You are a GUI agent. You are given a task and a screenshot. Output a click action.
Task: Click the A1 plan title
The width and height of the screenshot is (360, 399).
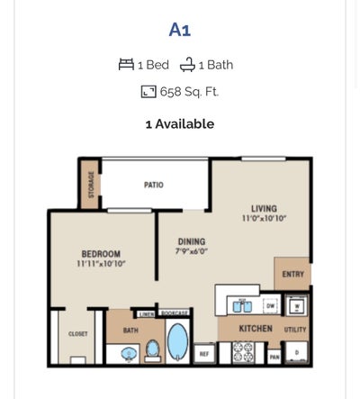click(180, 30)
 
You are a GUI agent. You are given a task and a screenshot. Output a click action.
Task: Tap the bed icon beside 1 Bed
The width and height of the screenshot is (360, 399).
click(126, 65)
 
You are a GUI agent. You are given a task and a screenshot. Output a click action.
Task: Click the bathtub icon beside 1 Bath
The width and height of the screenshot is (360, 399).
click(187, 65)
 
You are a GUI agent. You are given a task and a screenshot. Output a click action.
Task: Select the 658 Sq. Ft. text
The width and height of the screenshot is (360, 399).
click(189, 92)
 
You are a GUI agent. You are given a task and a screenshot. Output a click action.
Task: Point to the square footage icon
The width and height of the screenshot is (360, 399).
click(148, 92)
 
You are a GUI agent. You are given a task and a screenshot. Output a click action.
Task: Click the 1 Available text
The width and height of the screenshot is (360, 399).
click(180, 124)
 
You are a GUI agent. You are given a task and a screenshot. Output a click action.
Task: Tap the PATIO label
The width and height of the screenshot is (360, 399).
click(154, 186)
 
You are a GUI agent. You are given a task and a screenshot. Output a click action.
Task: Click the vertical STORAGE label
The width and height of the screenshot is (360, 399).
click(91, 184)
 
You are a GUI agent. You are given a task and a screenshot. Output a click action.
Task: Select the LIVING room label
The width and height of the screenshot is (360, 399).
click(264, 209)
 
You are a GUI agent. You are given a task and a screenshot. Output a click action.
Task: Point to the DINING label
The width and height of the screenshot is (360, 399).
click(191, 241)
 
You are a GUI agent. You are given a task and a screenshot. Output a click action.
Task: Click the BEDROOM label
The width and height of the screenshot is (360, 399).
click(101, 255)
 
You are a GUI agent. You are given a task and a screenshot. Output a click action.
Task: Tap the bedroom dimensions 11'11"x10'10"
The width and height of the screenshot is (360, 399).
click(101, 265)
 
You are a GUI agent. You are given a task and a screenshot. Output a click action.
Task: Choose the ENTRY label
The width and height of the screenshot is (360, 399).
click(293, 274)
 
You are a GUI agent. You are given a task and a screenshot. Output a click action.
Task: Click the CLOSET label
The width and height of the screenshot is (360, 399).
click(78, 334)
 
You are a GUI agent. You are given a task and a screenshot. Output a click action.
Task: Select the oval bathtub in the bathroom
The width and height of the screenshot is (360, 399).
click(178, 342)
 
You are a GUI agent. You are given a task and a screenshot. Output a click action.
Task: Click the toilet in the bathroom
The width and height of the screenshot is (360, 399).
click(153, 349)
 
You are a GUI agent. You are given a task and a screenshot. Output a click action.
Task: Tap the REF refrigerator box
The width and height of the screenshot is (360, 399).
click(204, 354)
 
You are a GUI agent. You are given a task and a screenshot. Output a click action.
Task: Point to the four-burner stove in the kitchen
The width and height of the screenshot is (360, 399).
click(243, 352)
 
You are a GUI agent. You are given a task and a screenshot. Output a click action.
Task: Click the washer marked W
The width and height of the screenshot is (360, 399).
click(297, 306)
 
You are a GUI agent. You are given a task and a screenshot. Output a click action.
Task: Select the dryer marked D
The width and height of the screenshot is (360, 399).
click(297, 352)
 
